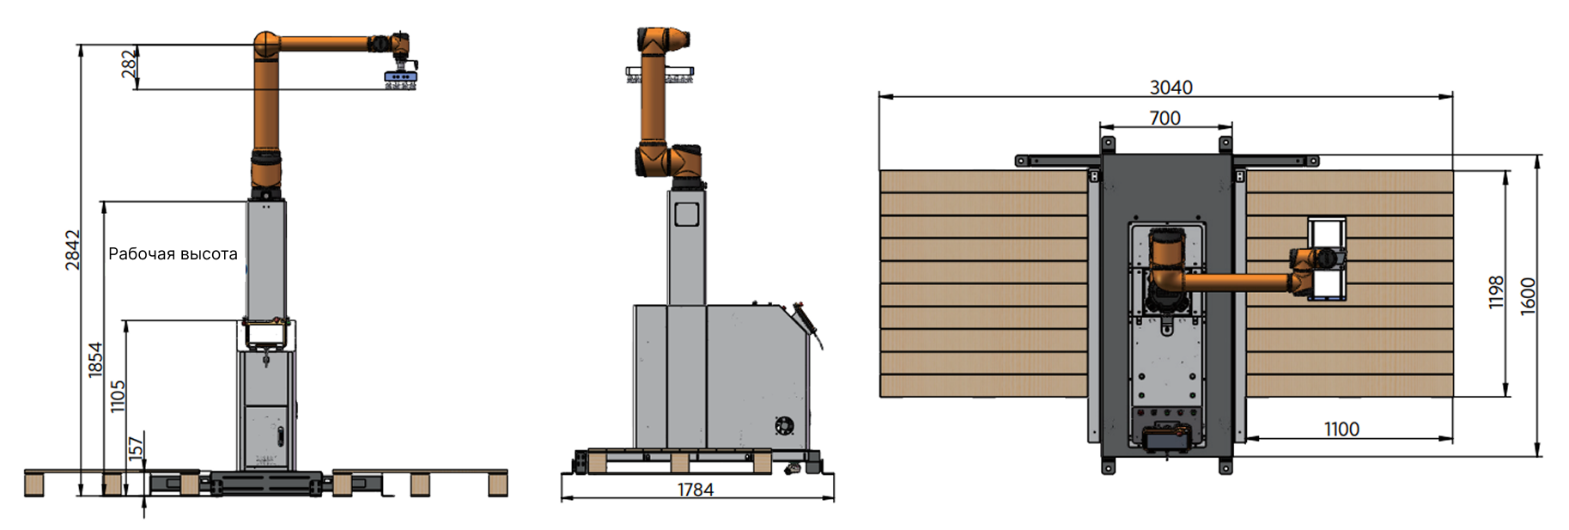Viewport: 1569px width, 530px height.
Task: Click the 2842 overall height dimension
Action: pyautogui.click(x=72, y=250)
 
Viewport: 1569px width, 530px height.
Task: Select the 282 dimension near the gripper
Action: pyautogui.click(x=129, y=64)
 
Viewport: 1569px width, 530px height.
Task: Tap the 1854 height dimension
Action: pyautogui.click(x=95, y=359)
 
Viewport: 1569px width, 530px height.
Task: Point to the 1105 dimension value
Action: pyautogui.click(x=118, y=396)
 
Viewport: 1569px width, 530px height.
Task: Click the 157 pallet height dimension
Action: pyautogui.click(x=136, y=448)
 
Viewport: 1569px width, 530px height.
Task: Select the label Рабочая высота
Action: pyautogui.click(x=173, y=253)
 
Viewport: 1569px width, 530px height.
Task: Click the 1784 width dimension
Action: pyautogui.click(x=696, y=490)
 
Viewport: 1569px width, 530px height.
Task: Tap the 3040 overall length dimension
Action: pyautogui.click(x=1171, y=88)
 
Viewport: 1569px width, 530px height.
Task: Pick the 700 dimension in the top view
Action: pyautogui.click(x=1165, y=119)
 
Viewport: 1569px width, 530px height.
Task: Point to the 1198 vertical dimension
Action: pyautogui.click(x=1496, y=292)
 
